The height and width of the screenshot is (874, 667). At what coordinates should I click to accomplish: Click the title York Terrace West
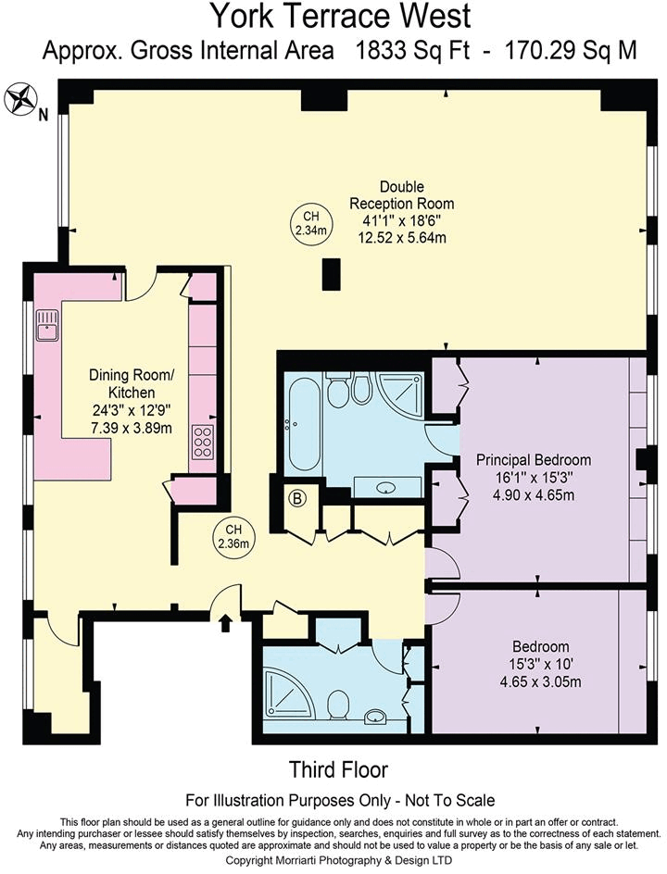(x=339, y=17)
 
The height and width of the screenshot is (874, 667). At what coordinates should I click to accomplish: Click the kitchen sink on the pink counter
(x=46, y=326)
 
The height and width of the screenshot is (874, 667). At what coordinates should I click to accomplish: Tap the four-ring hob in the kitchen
(x=202, y=443)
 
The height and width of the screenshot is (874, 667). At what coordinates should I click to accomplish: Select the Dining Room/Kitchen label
(x=131, y=383)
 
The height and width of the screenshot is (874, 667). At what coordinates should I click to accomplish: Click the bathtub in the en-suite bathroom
(x=303, y=423)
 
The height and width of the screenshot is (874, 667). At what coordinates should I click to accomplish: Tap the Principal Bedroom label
(x=533, y=459)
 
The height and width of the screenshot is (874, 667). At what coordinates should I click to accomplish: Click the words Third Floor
(x=338, y=769)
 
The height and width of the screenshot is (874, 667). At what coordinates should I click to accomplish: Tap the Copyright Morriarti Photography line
(x=338, y=860)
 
